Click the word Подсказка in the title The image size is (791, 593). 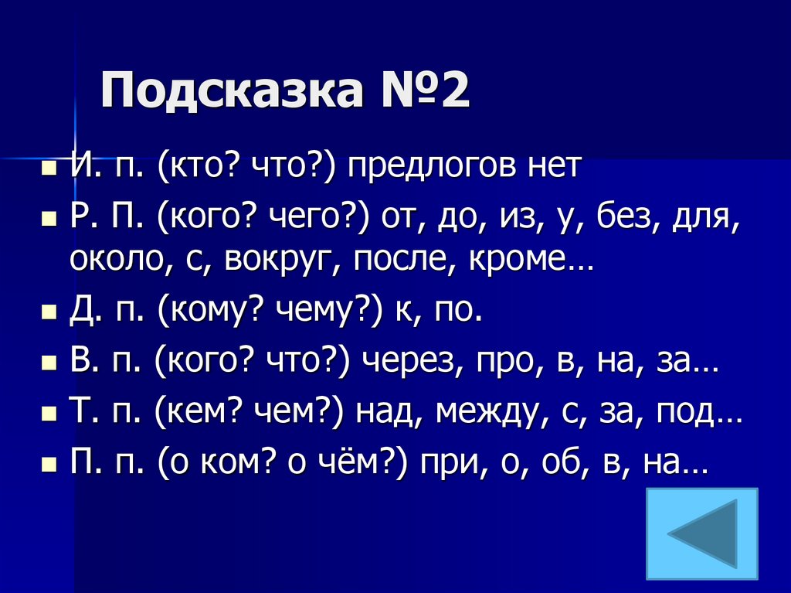click(x=231, y=92)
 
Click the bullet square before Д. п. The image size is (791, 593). click(x=49, y=312)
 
